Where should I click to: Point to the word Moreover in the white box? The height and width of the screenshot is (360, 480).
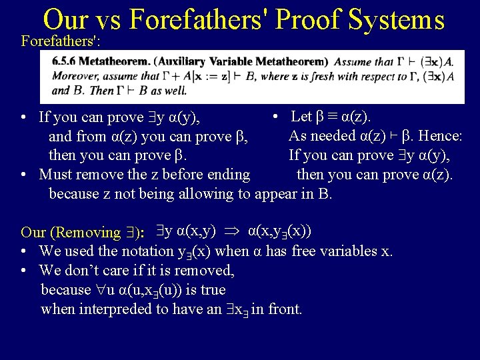pyautogui.click(x=74, y=76)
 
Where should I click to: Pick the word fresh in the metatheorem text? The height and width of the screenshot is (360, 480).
pyautogui.click(x=319, y=76)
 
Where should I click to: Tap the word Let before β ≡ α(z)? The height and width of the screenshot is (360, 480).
pyautogui.click(x=302, y=117)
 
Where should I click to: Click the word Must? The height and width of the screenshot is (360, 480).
pyautogui.click(x=57, y=175)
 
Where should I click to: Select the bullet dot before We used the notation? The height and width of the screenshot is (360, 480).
pyautogui.click(x=23, y=252)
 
